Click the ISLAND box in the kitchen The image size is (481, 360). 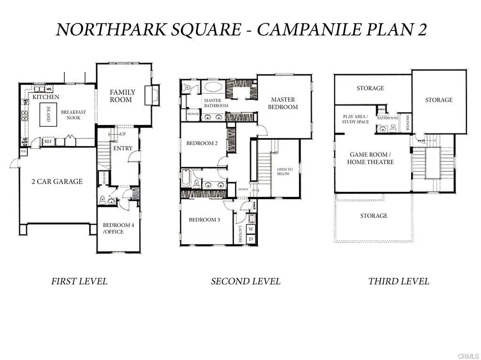pyautogui.click(x=46, y=114)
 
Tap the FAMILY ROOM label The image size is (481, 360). pyautogui.click(x=122, y=96)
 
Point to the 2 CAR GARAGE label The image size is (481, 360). pyautogui.click(x=57, y=182)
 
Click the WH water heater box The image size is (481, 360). pyautogui.click(x=23, y=152)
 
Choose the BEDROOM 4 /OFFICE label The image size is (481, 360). pyautogui.click(x=118, y=228)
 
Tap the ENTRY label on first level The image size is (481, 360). pyautogui.click(x=123, y=148)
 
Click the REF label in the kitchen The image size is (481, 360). pyautogui.click(x=48, y=141)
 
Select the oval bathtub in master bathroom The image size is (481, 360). pyautogui.click(x=213, y=87)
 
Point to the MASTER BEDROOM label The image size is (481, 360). pyautogui.click(x=283, y=103)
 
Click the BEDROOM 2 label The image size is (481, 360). pyautogui.click(x=202, y=144)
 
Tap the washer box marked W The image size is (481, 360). pyautogui.click(x=251, y=229)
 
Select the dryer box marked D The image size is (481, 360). pyautogui.click(x=251, y=239)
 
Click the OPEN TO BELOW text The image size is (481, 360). pyautogui.click(x=284, y=172)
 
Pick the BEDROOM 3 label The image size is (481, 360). pyautogui.click(x=204, y=220)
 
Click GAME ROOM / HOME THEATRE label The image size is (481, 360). pyautogui.click(x=371, y=158)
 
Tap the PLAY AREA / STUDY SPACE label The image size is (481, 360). pyautogui.click(x=356, y=119)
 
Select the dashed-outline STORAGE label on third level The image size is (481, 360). pyautogui.click(x=374, y=216)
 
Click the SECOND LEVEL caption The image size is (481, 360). pyautogui.click(x=245, y=282)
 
